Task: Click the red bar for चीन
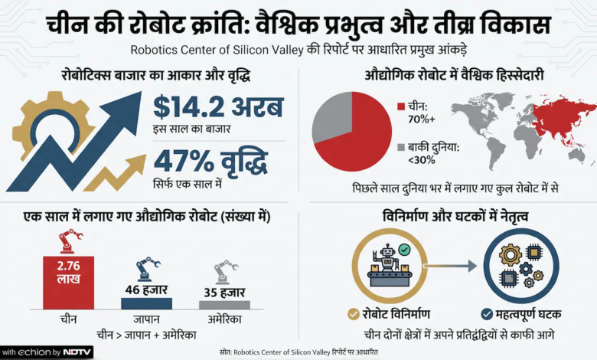point(69,283)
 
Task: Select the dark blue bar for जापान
point(147,303)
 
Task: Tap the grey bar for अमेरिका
point(224,305)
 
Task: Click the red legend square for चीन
point(401,106)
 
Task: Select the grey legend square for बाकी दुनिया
point(401,147)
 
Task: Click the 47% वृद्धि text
point(211,162)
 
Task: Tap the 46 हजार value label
point(147,290)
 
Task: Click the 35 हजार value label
point(224,292)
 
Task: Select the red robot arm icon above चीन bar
point(70,241)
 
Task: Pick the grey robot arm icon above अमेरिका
point(225,272)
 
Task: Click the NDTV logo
point(77,352)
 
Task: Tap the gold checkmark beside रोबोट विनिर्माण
point(354,314)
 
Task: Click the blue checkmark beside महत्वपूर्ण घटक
point(487,314)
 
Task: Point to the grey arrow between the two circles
point(450,266)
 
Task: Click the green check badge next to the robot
point(404,250)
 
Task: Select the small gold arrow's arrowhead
point(139,162)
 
